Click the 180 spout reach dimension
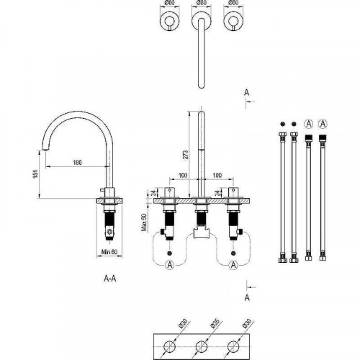point(77,163)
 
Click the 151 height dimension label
point(35,174)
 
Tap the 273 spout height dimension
point(186,155)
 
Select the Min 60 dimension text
point(109,252)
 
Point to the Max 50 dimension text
point(145,222)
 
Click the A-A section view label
point(110,279)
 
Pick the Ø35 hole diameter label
point(214,323)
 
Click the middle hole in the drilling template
point(202,347)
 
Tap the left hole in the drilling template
point(170,347)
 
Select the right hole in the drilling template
point(233,347)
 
